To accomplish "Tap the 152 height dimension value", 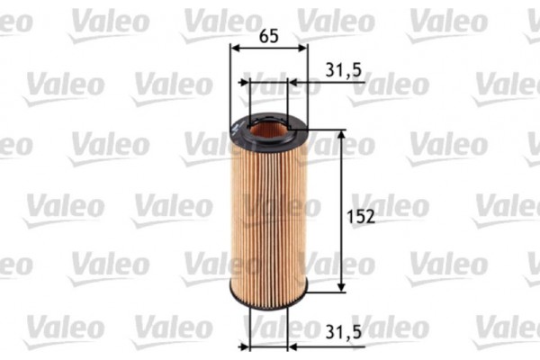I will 360,216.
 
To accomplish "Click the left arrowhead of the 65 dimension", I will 234,49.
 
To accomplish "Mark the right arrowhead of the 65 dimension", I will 303,49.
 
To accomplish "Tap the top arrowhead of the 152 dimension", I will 341,134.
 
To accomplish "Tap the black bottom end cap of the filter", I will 267,302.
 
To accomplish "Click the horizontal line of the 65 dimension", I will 268,49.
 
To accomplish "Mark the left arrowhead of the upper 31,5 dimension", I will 244,83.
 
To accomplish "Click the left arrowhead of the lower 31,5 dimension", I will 243,346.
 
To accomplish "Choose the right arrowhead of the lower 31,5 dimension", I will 292,346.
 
